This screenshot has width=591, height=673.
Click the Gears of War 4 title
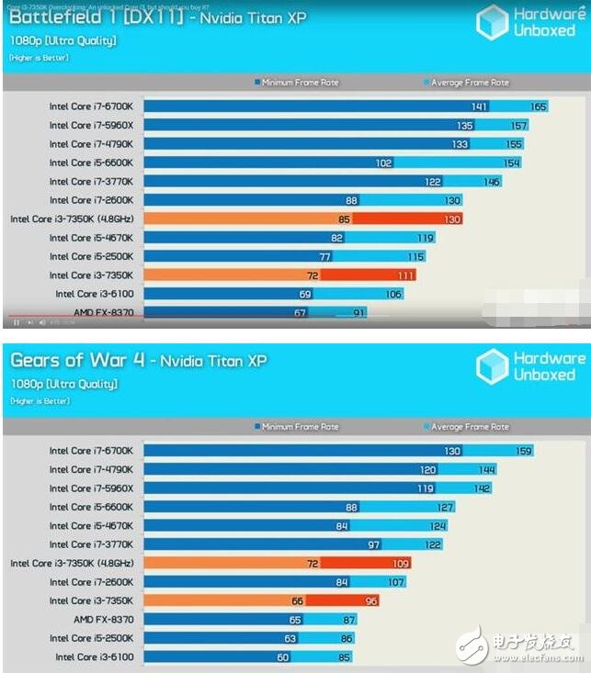[x=138, y=361]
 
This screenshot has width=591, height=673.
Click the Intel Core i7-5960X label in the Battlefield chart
[x=92, y=125]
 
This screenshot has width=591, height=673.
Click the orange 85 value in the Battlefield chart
[x=344, y=219]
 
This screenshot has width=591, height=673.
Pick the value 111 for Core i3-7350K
[x=405, y=275]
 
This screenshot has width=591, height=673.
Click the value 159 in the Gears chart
[x=523, y=451]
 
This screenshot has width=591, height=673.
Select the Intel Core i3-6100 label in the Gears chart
[x=94, y=656]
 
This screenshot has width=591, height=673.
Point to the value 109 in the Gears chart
[x=401, y=563]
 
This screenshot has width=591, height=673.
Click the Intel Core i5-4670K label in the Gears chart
[x=92, y=525]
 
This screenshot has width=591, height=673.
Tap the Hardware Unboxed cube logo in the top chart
[x=492, y=23]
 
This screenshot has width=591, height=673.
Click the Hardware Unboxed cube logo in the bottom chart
[x=492, y=366]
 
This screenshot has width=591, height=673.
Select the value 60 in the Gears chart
[x=282, y=656]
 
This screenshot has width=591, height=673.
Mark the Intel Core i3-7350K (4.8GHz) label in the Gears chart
[x=72, y=563]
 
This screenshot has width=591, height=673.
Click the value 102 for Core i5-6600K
[x=383, y=163]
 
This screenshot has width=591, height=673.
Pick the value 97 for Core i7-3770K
[x=372, y=544]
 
